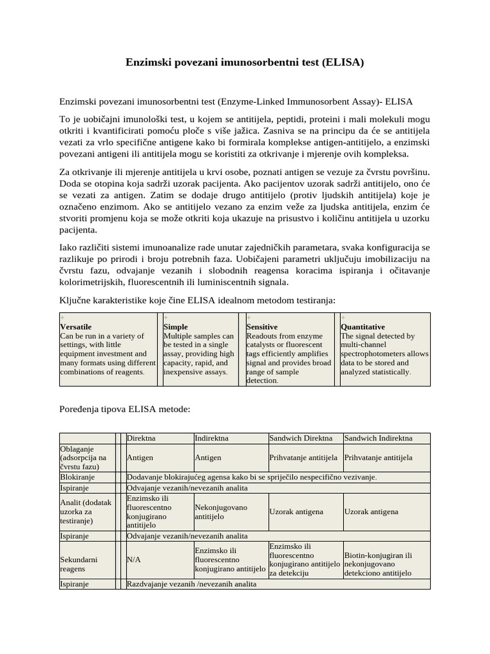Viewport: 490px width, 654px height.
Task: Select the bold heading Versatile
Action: [x=75, y=326]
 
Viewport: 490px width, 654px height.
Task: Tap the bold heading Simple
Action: [x=175, y=326]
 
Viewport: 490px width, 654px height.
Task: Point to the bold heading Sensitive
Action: [x=262, y=326]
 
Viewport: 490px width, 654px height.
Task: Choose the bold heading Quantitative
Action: [x=363, y=326]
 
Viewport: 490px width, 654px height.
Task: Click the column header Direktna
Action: [x=142, y=438]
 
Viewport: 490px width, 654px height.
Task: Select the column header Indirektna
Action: [x=213, y=438]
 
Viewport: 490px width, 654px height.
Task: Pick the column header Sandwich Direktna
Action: [x=301, y=438]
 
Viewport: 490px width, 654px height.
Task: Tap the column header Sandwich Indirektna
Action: [x=378, y=438]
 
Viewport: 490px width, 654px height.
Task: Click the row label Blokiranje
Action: [x=77, y=477]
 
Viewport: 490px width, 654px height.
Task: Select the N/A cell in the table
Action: [x=134, y=559]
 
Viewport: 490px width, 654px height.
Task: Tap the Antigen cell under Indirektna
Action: [x=208, y=458]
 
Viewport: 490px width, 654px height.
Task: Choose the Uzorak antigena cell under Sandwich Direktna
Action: [x=296, y=512]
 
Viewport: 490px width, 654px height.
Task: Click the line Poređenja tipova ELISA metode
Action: [x=124, y=409]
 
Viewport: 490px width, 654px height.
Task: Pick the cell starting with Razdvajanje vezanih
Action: [x=191, y=584]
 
